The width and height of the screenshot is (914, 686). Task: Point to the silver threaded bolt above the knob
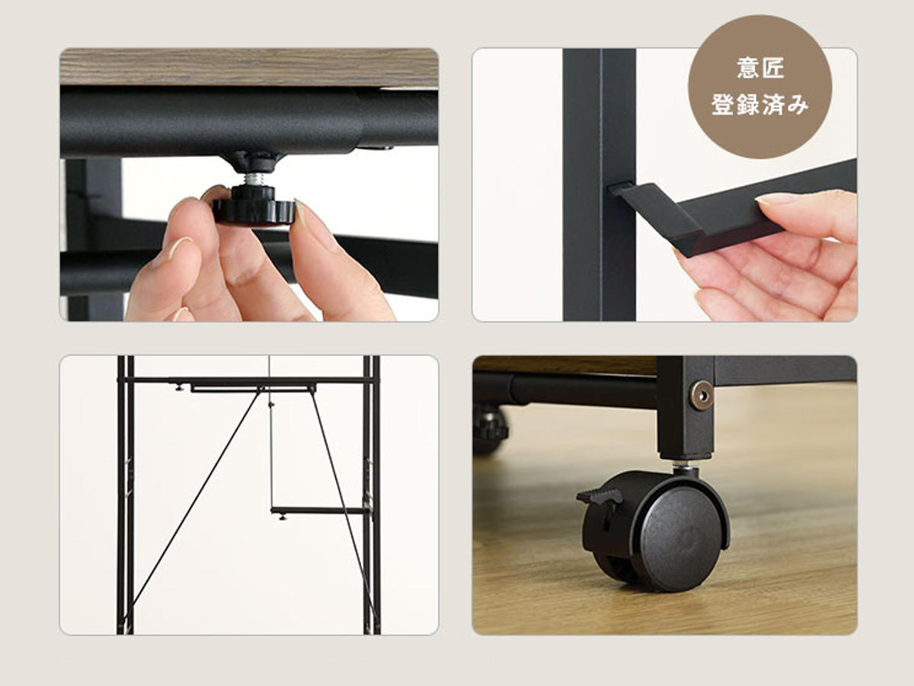[x=254, y=178]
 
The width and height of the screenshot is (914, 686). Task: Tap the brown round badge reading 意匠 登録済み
[x=759, y=87]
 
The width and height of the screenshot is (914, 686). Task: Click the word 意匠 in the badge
[x=760, y=68]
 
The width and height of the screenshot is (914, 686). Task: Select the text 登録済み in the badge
[x=760, y=104]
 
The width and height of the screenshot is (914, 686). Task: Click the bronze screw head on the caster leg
[x=702, y=396]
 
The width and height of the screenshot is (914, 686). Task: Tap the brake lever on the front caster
[x=599, y=496]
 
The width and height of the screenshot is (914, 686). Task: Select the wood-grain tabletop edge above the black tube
[x=249, y=66]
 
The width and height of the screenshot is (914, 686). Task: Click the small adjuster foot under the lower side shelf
[x=283, y=518]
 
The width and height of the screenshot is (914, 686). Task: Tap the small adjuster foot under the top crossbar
[x=179, y=388]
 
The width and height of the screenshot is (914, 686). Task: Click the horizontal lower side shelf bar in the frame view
[x=320, y=510]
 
